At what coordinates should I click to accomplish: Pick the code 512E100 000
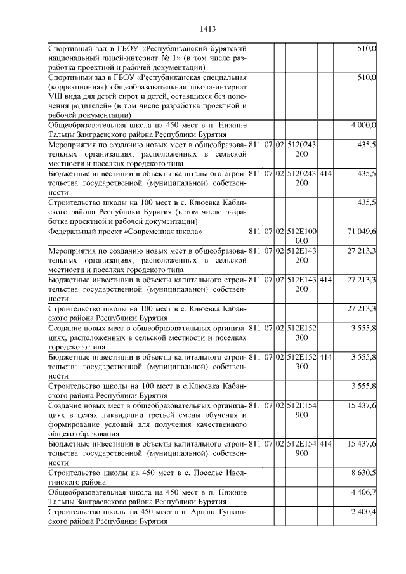point(302,237)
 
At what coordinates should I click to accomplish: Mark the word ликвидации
point(107,414)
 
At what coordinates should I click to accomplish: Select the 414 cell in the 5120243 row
point(325,173)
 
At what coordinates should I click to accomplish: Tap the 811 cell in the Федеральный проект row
point(254,232)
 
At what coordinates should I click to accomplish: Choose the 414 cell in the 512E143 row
point(325,280)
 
